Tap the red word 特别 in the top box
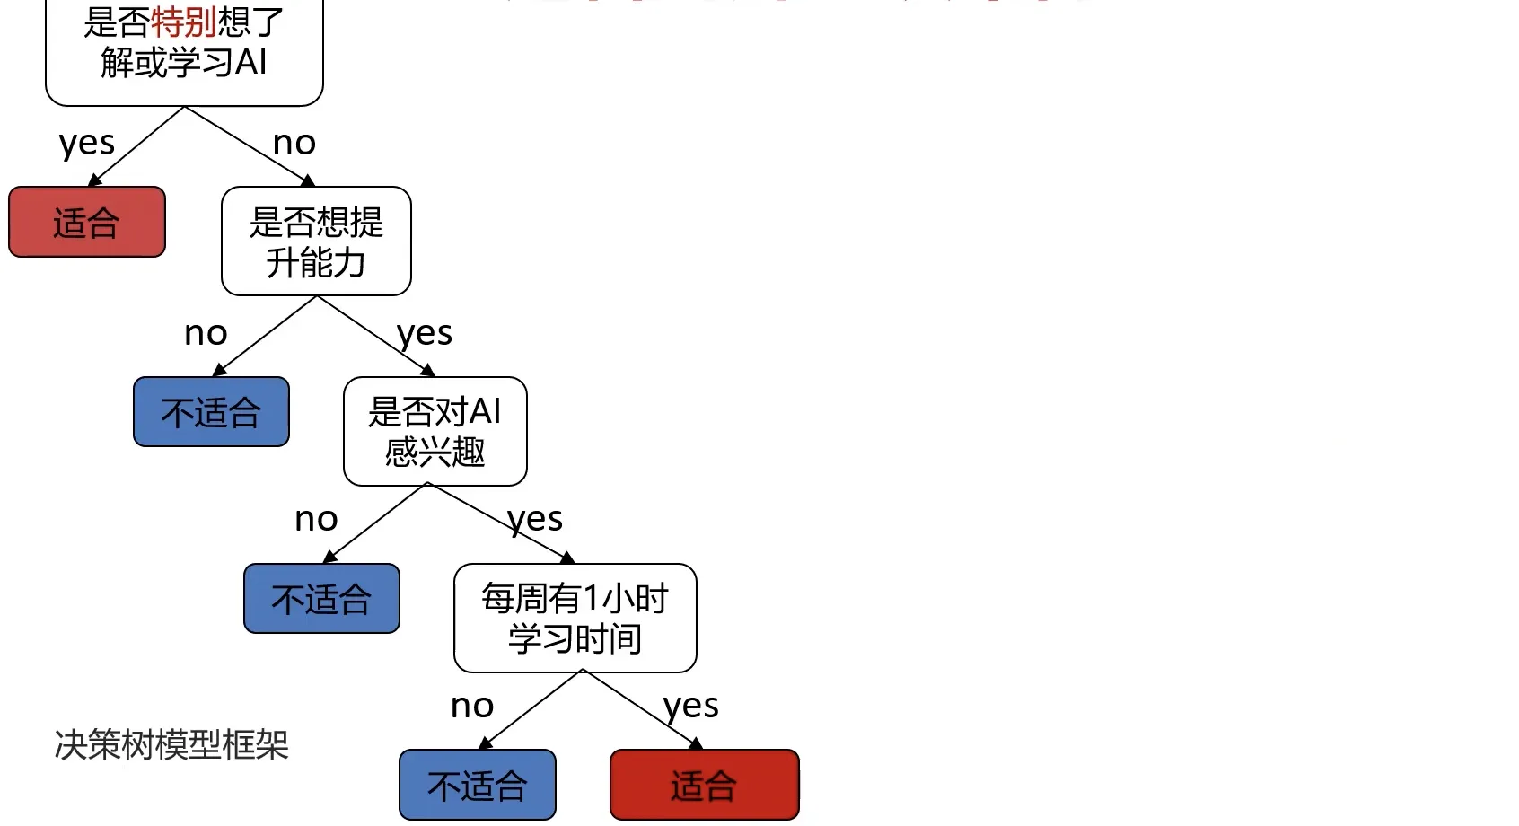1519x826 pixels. pos(183,22)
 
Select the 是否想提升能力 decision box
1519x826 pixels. pos(316,241)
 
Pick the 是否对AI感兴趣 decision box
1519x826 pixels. pos(435,431)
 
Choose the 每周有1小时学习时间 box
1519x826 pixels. pos(575,618)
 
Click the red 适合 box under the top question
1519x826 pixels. pos(87,222)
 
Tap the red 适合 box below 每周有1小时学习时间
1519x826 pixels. pos(704,785)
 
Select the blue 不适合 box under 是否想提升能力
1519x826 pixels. pos(211,412)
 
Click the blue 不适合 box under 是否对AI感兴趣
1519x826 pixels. pos(321,599)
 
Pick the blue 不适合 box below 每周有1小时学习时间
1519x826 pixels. pos(477,785)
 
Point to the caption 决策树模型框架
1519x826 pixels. pos(171,745)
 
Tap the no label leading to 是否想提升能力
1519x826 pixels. pos(294,143)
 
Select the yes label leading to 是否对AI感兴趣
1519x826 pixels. pos(425,334)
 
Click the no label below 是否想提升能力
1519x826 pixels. pos(206,333)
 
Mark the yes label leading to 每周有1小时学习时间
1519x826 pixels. pos(535,519)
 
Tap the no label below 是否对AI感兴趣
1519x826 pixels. pos(316,519)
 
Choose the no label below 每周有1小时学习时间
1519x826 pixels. pos(472,706)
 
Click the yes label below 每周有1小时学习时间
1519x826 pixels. pos(691,706)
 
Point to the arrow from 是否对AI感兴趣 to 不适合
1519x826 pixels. pos(375,523)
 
